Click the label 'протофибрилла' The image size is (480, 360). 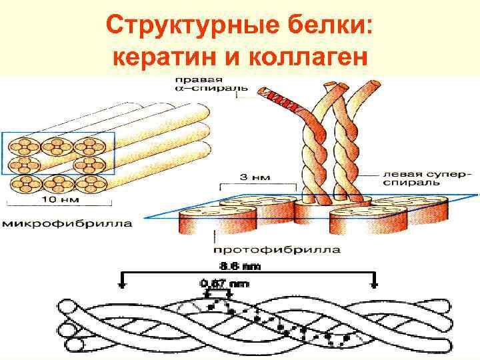tap(277, 250)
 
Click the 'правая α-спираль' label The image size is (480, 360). tap(207, 81)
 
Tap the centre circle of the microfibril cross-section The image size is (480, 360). tap(57, 165)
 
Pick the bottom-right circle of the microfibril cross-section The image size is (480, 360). tap(90, 183)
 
